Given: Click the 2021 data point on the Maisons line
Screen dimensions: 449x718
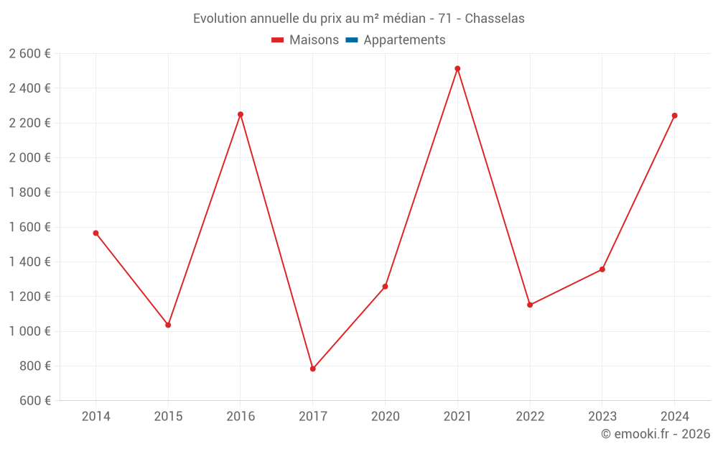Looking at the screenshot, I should click(457, 69).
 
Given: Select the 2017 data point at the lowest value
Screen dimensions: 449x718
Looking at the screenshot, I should click(312, 369).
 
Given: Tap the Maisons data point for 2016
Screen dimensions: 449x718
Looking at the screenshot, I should click(241, 114).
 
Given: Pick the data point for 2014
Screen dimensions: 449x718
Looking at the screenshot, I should click(95, 233).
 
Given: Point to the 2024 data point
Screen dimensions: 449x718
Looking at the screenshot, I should click(674, 116).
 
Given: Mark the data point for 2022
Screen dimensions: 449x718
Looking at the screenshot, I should click(530, 305).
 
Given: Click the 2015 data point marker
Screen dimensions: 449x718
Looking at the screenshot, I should click(168, 325).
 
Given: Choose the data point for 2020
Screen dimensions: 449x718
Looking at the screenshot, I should click(385, 287).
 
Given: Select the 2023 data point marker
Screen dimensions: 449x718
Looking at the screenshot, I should click(602, 269).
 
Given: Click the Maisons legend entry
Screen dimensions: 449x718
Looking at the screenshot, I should click(305, 40).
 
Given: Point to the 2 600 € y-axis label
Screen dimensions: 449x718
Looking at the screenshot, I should click(29, 53).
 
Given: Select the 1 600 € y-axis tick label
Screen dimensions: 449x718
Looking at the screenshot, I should click(29, 227).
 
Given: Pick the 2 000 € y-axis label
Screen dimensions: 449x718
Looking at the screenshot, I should click(29, 157).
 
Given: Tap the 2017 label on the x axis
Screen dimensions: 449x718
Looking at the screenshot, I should click(312, 416).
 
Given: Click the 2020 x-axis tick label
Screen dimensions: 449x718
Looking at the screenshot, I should click(385, 416).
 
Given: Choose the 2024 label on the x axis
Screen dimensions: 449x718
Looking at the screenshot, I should click(674, 416).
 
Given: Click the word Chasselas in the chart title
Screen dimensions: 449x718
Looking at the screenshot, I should click(495, 19).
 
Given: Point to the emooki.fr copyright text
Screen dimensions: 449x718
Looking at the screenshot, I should click(656, 434).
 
